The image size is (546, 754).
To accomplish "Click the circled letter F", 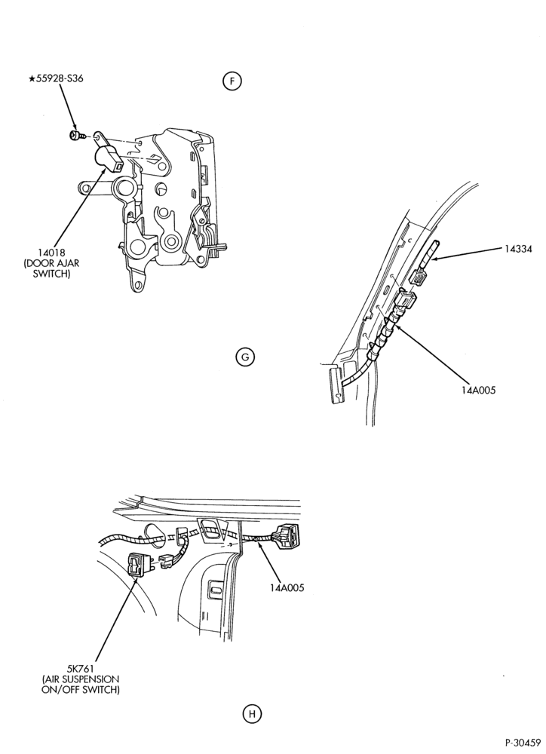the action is tap(232, 81).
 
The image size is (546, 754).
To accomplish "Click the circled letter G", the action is tap(245, 357).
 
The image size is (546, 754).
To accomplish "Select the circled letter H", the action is tap(252, 714).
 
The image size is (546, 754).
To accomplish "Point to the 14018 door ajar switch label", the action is tap(55, 263).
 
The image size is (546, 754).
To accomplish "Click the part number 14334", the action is tap(519, 249).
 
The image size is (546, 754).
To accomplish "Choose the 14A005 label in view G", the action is tap(477, 390).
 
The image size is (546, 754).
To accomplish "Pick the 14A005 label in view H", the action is tap(287, 587).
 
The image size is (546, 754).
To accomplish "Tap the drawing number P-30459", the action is tap(523, 742).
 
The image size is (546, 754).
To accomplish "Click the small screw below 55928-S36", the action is tap(77, 135).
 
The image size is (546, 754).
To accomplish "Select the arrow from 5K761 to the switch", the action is tap(115, 619).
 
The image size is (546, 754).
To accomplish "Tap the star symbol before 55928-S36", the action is tap(32, 78).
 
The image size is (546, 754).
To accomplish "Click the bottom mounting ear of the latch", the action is tap(137, 284).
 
